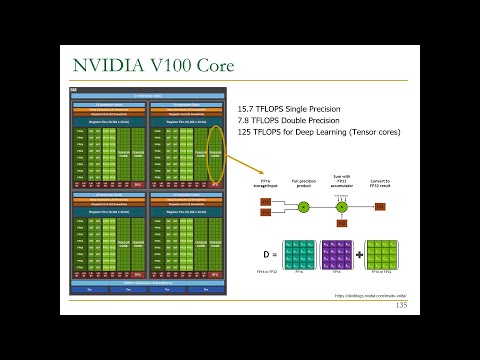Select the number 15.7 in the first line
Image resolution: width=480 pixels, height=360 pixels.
coord(247,107)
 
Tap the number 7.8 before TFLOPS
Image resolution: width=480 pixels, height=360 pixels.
coord(244,119)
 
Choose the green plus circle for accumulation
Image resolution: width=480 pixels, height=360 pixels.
coord(341,207)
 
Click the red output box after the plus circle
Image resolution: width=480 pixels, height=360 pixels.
coord(380,207)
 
